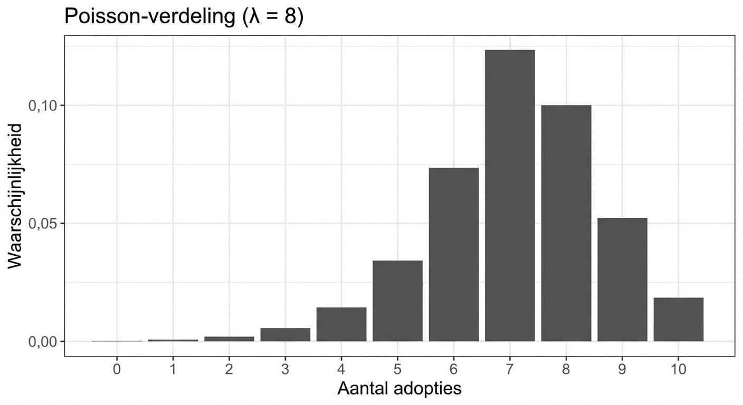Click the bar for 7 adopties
pyautogui.click(x=510, y=196)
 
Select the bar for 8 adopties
pyautogui.click(x=566, y=223)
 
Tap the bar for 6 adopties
pyautogui.click(x=454, y=254)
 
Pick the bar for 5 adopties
pyautogui.click(x=397, y=301)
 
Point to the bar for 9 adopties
pyautogui.click(x=622, y=279)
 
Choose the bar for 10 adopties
pyautogui.click(x=678, y=320)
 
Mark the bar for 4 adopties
pyautogui.click(x=341, y=324)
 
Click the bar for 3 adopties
pyautogui.click(x=285, y=335)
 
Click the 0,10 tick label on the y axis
pyautogui.click(x=41, y=105)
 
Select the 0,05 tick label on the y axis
pyautogui.click(x=41, y=224)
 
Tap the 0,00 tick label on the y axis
pyautogui.click(x=41, y=342)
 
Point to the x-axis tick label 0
pyautogui.click(x=117, y=369)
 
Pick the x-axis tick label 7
pyautogui.click(x=510, y=369)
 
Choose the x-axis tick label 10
pyautogui.click(x=678, y=369)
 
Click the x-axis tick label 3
pyautogui.click(x=285, y=369)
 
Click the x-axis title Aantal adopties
pyautogui.click(x=399, y=389)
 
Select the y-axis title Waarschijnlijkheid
pyautogui.click(x=16, y=196)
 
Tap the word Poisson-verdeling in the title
pyautogui.click(x=147, y=17)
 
